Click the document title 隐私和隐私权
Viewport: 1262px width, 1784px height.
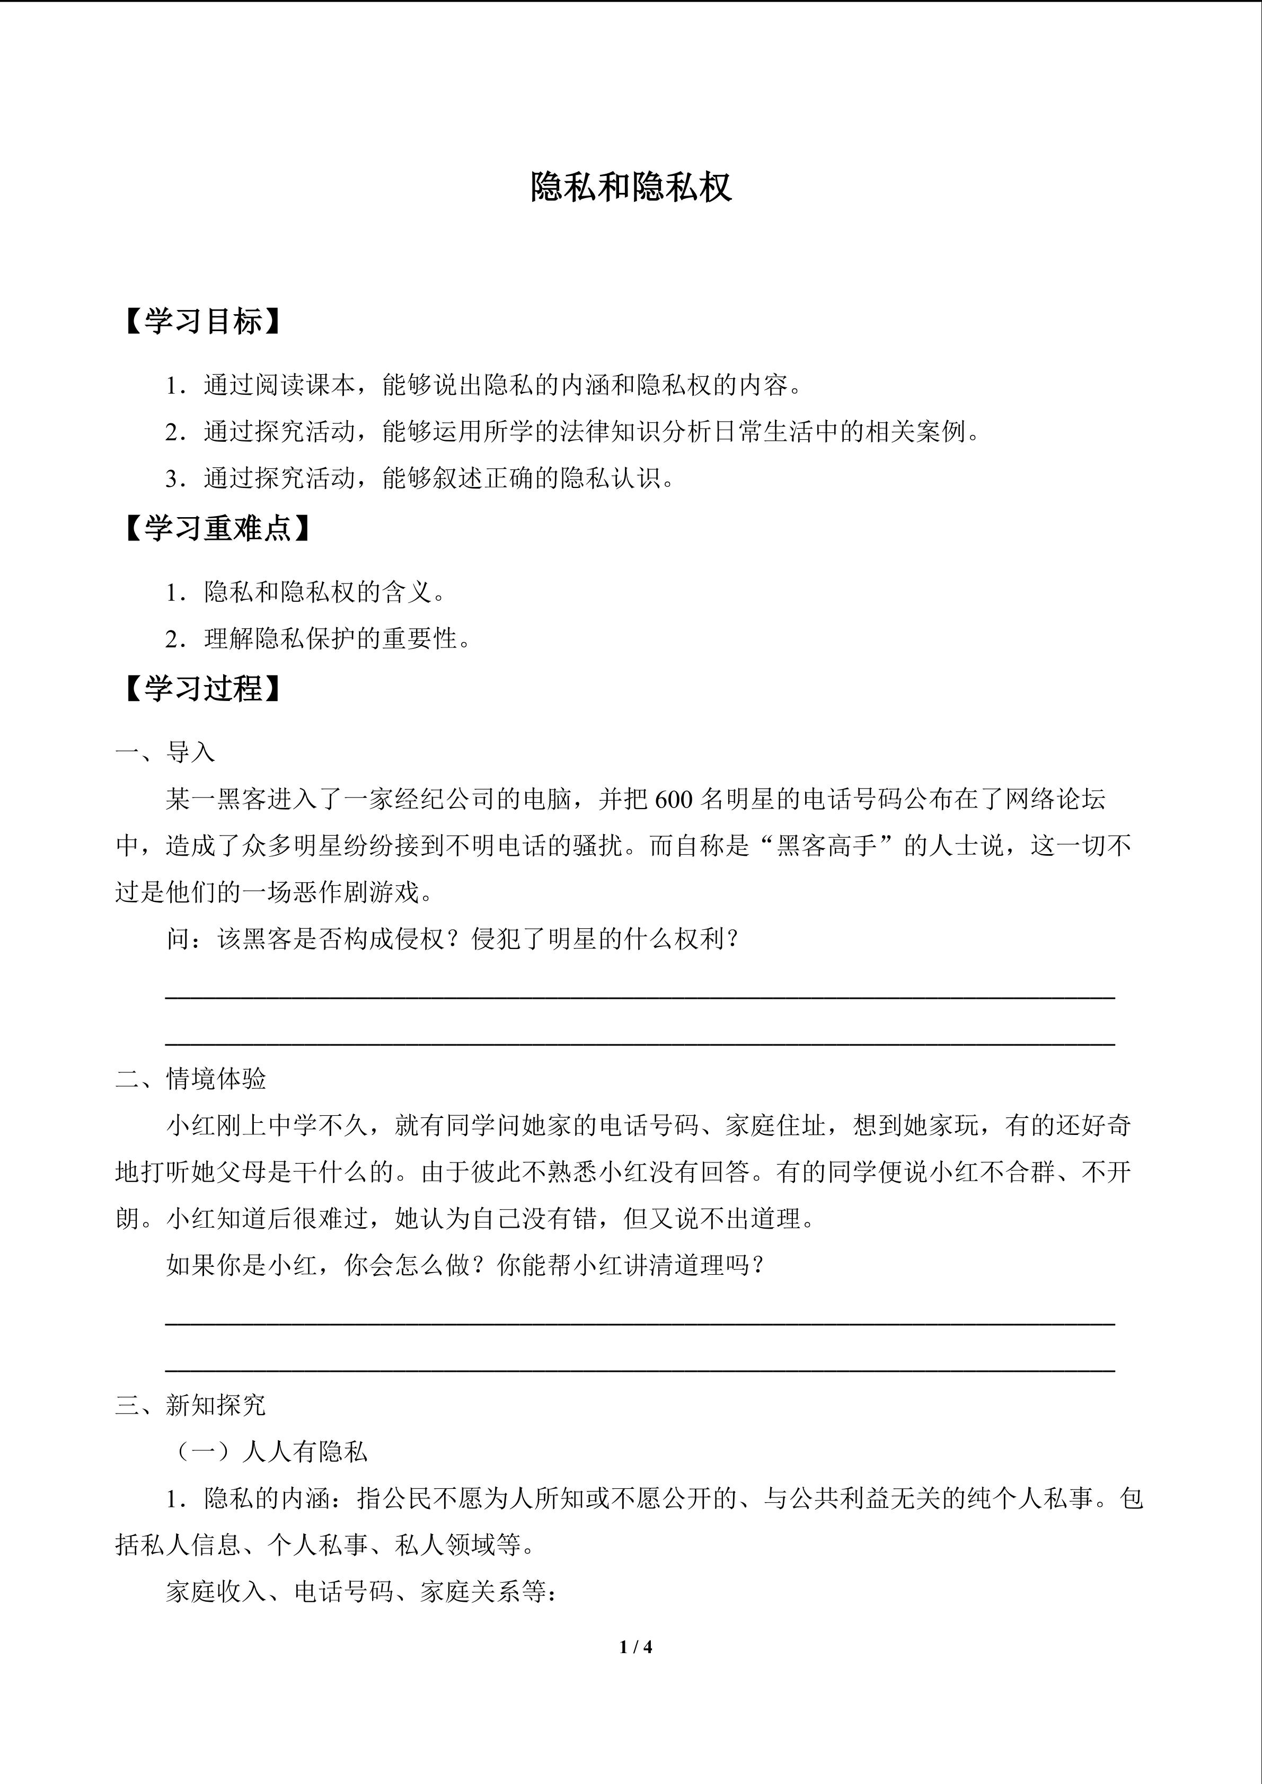[630, 188]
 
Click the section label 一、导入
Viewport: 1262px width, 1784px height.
[165, 752]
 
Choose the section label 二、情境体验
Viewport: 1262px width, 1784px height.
[190, 1078]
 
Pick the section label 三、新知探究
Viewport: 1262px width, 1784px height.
[190, 1405]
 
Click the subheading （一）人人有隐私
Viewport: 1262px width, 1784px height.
[267, 1451]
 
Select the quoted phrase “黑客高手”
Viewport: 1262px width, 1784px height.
[827, 846]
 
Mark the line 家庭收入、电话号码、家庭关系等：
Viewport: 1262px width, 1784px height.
[360, 1592]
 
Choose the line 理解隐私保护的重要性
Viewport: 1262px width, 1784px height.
[319, 638]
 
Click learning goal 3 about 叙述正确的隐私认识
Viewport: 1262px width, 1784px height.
[420, 478]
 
